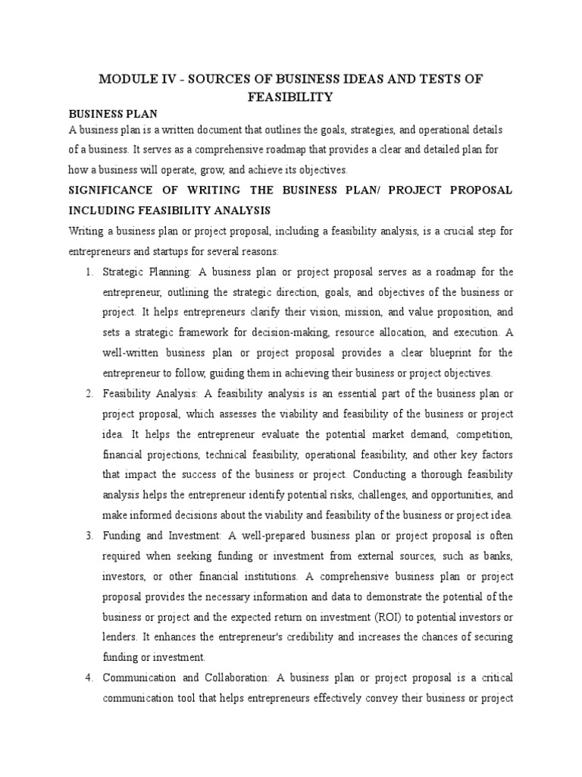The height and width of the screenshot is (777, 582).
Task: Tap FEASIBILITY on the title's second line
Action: pos(291,97)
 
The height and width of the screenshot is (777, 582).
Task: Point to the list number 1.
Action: pos(89,272)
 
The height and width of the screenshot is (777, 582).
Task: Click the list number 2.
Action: pos(89,393)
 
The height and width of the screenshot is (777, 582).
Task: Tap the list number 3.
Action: pos(89,536)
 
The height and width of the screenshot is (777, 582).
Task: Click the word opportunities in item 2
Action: pos(438,495)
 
